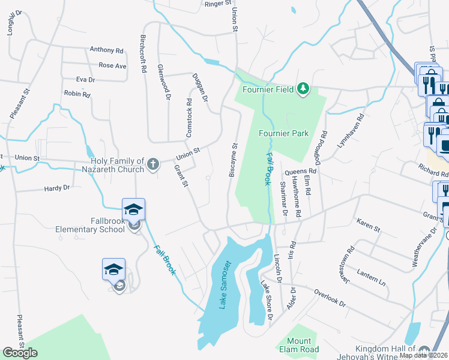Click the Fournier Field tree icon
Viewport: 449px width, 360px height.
pos(304,89)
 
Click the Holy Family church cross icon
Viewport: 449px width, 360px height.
pos(153,163)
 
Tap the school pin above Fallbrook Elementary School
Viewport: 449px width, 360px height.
pos(133,209)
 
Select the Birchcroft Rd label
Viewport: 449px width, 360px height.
pos(143,53)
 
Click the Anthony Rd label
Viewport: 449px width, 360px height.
pos(106,50)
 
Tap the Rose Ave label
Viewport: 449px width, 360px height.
pos(112,65)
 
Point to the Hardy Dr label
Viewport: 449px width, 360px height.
pos(57,188)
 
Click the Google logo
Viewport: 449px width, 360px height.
pos(20,353)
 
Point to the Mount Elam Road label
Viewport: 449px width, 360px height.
pos(298,345)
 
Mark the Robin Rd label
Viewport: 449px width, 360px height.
pos(77,94)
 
